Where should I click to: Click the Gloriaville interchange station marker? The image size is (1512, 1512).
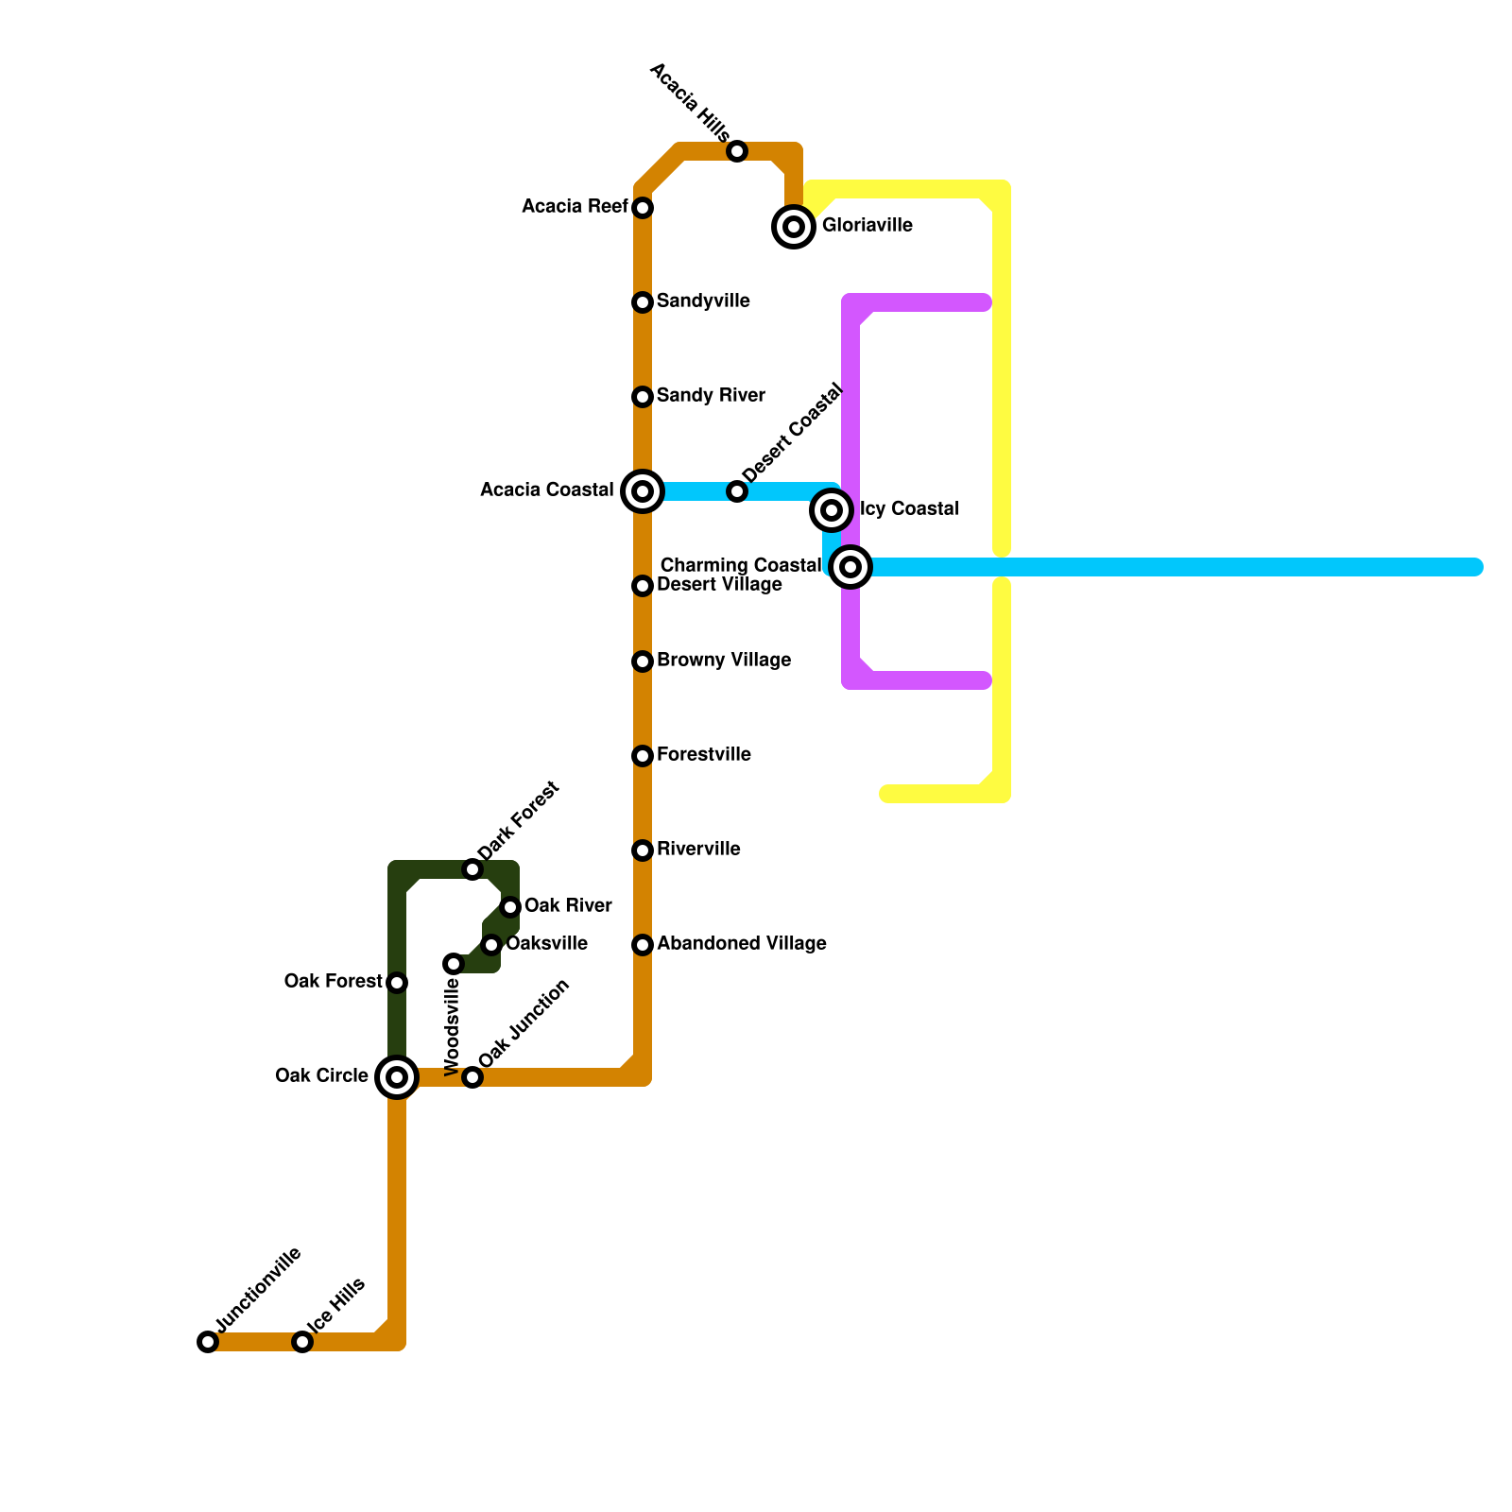coord(794,227)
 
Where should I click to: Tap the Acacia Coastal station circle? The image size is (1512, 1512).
coord(643,491)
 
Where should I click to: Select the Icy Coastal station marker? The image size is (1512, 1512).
coord(832,510)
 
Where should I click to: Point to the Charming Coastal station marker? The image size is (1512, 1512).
coord(850,567)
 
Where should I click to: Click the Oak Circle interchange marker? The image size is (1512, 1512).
coord(397,1077)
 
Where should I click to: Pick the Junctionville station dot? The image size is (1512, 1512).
coord(208,1342)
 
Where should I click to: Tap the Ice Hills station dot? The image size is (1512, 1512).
coord(301,1342)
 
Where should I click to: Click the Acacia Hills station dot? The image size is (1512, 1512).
coord(737,151)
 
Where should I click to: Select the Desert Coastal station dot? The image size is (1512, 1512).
coord(737,491)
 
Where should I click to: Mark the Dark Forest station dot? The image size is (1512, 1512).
coord(472,869)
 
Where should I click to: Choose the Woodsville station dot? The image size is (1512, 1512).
coord(454,964)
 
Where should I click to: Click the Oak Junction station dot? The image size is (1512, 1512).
coord(472,1077)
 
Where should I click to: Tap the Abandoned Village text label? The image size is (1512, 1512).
coord(742,944)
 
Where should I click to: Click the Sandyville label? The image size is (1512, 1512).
coord(703,301)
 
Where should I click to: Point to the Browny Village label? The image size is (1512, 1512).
coord(724,661)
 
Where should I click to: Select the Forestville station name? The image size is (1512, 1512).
coord(704,755)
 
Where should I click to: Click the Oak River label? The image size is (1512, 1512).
coord(568,906)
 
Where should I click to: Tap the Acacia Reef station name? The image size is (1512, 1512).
coord(575,207)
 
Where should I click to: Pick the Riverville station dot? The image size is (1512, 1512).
coord(643,850)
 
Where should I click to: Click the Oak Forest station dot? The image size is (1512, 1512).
coord(397,983)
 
